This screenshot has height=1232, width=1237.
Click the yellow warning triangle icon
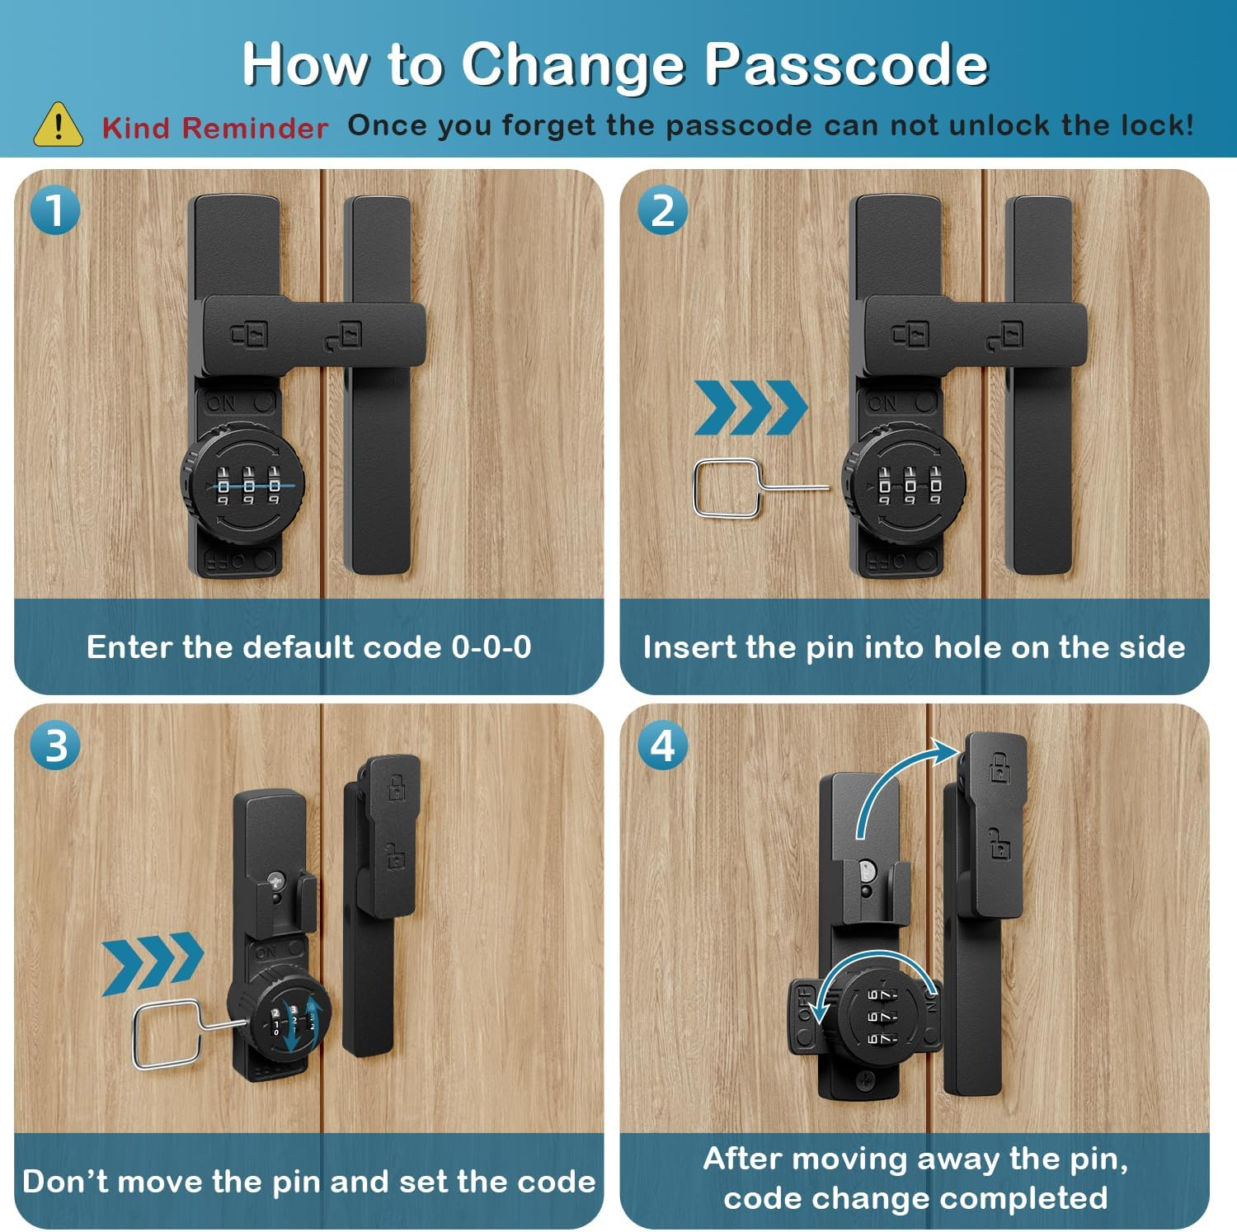click(58, 125)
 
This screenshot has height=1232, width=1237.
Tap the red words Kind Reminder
click(214, 128)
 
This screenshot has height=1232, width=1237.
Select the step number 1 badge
click(54, 210)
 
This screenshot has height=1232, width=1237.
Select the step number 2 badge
click(662, 210)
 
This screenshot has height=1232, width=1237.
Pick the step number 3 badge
click(54, 745)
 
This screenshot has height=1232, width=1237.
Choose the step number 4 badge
click(662, 745)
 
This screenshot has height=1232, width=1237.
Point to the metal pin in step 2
click(742, 487)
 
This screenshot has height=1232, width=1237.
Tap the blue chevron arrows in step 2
click(750, 407)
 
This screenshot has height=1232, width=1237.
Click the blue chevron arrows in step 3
click(153, 962)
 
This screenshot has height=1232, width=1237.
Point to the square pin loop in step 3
click(166, 1034)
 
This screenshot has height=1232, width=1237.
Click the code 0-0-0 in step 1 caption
click(491, 647)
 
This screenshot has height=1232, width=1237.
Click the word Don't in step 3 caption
click(65, 1182)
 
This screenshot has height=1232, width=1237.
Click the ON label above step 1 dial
click(221, 403)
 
